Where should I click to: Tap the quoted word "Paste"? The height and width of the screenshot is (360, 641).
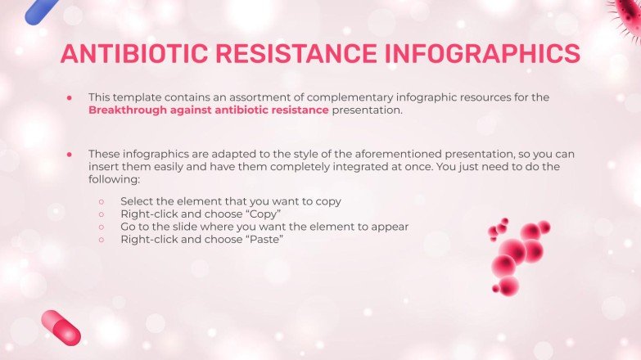coord(265,239)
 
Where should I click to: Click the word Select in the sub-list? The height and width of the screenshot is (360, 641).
coord(137,200)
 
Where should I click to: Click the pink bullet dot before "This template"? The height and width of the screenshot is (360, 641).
coord(70,97)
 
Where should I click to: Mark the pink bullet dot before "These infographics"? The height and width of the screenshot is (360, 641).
coord(70,153)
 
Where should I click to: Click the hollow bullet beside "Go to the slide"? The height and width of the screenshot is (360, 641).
coord(102,227)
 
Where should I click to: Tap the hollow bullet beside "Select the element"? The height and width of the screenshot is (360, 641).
coord(102,201)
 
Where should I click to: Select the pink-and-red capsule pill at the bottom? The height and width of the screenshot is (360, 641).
coord(61,327)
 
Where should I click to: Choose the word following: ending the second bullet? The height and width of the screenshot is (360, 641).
coord(115,179)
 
